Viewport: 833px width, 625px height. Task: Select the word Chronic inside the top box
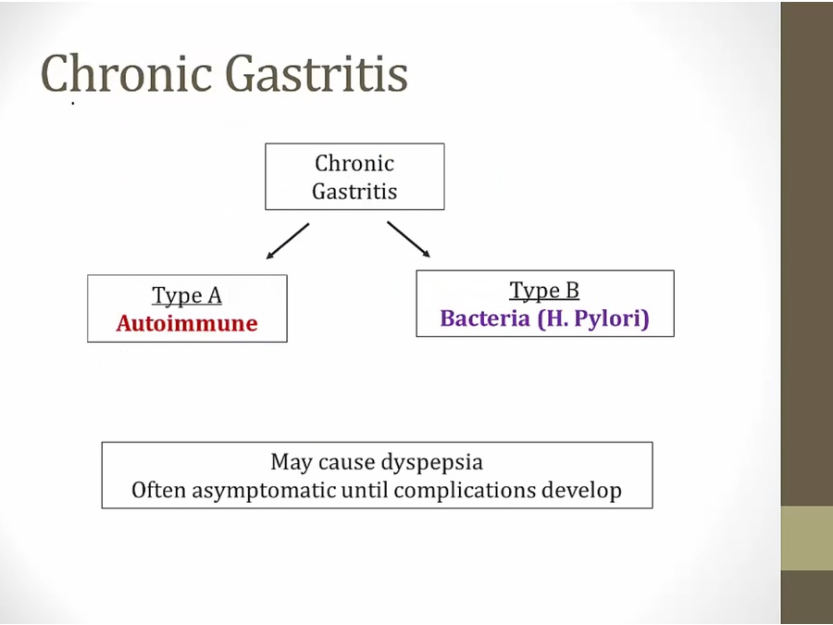354,164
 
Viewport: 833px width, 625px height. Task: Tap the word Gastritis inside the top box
354,192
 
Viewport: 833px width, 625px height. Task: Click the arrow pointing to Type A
287,240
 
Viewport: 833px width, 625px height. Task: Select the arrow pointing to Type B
408,238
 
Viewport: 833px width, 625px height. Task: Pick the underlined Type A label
187,295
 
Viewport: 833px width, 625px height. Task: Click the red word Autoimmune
187,323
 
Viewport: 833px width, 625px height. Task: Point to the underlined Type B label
544,291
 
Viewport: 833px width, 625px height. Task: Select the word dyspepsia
429,462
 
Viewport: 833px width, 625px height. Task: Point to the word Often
158,490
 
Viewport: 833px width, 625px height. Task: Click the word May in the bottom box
291,462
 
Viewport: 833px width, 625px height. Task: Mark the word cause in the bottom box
343,462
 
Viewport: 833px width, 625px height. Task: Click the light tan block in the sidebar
806,538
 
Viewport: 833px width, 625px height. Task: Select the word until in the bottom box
367,490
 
